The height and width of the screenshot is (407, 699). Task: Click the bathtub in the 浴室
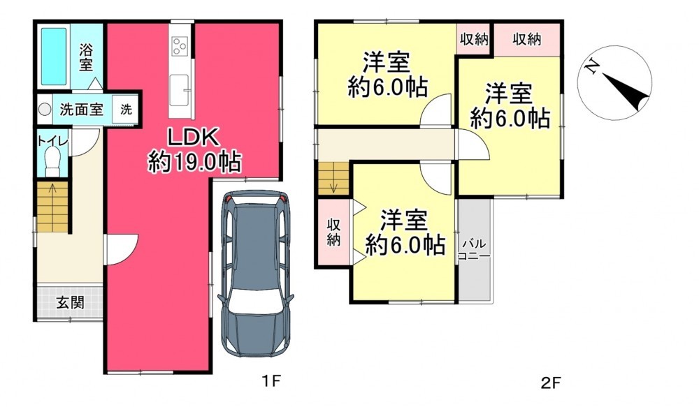coord(54,57)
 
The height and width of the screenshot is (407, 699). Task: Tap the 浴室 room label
coord(86,57)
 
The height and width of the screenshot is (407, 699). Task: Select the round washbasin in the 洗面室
coord(44,109)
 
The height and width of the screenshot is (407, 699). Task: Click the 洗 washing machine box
coord(126,109)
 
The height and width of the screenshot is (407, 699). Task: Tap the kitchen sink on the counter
coord(180,90)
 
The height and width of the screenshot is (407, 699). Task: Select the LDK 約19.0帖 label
coord(194,149)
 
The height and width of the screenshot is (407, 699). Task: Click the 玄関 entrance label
coord(70,303)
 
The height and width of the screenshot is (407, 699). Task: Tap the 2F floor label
coord(551,383)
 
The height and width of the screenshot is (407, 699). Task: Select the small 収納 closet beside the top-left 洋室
coord(473,40)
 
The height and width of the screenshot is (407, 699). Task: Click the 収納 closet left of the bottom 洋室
coord(333,232)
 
